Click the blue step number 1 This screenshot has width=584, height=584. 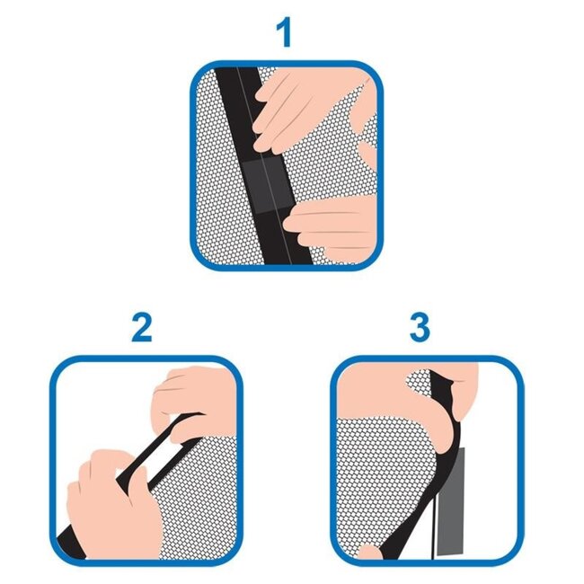(285, 32)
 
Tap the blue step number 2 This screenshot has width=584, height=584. (142, 327)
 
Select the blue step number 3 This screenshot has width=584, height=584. (420, 327)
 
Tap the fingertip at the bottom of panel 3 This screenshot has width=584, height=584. (369, 553)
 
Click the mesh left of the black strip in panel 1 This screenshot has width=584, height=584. (220, 179)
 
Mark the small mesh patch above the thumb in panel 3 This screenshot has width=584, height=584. (419, 387)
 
